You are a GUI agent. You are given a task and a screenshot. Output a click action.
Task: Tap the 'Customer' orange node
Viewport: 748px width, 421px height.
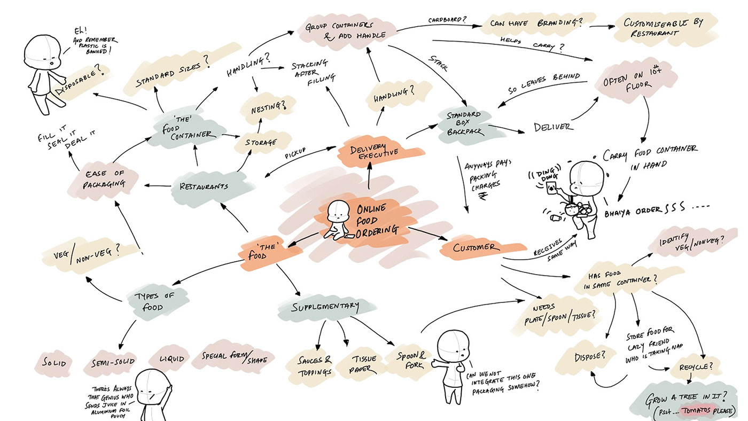point(477,248)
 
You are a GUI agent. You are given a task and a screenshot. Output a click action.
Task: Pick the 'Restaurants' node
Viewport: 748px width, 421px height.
point(204,186)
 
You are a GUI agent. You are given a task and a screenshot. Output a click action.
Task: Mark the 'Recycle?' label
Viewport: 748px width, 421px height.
point(696,368)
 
